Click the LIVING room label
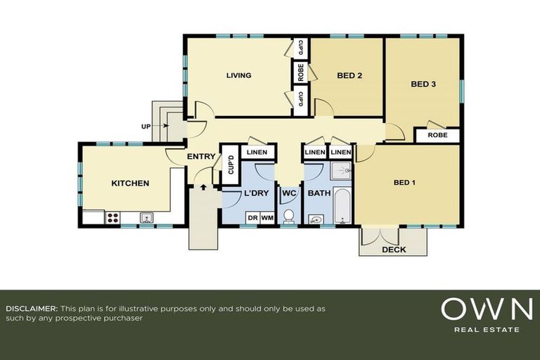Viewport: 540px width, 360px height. [239, 75]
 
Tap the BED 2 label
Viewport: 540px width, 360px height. [349, 75]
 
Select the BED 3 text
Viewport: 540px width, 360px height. [423, 84]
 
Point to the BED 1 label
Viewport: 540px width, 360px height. [404, 183]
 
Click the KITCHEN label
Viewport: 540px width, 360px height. [130, 184]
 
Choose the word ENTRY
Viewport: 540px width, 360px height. [200, 157]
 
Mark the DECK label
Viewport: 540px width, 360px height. [394, 250]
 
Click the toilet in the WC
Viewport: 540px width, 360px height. [288, 215]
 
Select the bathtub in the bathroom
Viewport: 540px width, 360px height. [342, 205]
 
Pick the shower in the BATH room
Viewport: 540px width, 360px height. [341, 171]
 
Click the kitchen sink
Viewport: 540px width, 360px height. [147, 217]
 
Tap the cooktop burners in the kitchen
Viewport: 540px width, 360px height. [112, 218]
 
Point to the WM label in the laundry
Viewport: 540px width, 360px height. [267, 218]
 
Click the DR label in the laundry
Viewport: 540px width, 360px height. [252, 218]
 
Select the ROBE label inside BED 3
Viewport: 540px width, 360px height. [437, 135]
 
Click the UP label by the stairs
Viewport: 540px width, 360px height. [146, 126]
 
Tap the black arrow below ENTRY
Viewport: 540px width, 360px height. [204, 187]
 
